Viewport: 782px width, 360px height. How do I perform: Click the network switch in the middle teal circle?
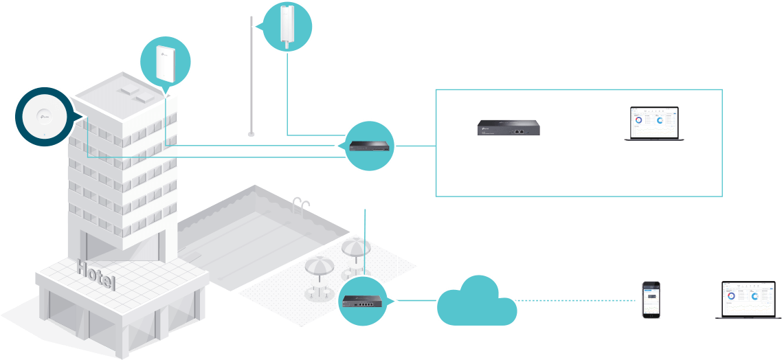tap(369, 146)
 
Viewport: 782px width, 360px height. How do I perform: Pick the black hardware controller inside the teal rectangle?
tap(509, 127)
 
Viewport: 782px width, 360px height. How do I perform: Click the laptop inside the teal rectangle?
tap(653, 124)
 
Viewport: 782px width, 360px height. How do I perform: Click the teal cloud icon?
tap(476, 301)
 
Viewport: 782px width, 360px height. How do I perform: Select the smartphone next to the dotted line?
tap(651, 300)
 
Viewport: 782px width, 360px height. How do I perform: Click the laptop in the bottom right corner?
tap(748, 300)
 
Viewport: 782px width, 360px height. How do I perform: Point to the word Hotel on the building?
tap(96, 274)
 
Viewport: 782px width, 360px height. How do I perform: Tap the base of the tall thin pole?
tap(252, 134)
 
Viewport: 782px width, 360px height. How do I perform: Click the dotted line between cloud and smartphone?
tap(577, 300)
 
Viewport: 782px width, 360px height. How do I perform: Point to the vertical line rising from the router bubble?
tap(365, 240)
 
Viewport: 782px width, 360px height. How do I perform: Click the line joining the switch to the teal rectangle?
tap(416, 146)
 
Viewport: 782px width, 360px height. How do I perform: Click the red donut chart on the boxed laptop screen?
tap(638, 120)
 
